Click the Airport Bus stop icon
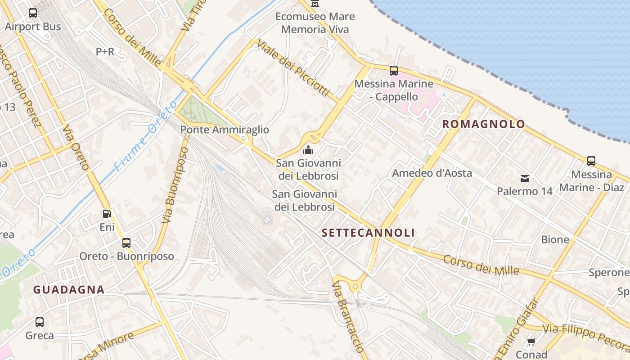33,13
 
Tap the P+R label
105,52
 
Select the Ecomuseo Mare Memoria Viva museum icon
315,4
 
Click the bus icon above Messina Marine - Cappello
394,70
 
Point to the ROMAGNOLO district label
484,124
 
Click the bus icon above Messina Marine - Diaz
591,161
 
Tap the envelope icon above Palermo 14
525,179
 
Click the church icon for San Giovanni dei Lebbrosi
308,150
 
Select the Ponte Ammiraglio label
225,130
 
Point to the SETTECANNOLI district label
368,233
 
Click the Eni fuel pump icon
107,214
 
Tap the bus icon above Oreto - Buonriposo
126,243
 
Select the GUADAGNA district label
69,290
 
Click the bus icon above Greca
40,322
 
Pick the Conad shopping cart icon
531,342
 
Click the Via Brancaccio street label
347,317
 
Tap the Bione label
555,240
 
